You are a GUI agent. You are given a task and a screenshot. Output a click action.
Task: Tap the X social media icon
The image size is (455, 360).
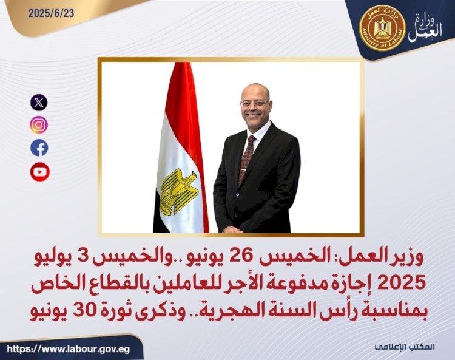(x=39, y=102)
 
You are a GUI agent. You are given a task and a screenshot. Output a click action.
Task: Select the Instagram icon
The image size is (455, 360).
(x=39, y=125)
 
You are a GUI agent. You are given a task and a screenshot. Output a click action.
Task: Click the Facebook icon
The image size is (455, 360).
(x=39, y=148)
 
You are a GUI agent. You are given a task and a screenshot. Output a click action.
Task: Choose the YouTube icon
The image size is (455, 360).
(x=39, y=172)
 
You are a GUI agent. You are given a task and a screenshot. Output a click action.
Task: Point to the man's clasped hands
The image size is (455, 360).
(x=234, y=229)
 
